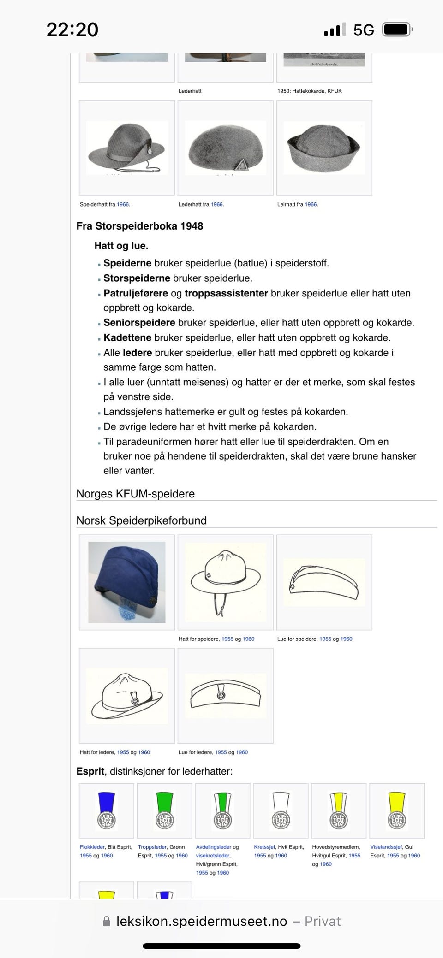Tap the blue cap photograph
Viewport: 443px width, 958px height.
click(x=126, y=582)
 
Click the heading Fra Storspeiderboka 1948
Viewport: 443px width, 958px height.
click(x=139, y=226)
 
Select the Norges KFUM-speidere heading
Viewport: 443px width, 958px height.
click(x=135, y=494)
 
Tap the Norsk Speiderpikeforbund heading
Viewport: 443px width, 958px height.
click(x=141, y=520)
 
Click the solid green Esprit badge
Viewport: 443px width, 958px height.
click(x=164, y=810)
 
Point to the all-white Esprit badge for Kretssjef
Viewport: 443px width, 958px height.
click(x=281, y=810)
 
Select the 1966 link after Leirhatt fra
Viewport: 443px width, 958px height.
click(x=311, y=204)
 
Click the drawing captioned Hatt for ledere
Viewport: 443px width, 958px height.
click(x=126, y=696)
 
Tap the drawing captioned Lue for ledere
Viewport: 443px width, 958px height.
click(x=225, y=696)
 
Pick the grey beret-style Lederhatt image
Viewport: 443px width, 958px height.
click(x=225, y=148)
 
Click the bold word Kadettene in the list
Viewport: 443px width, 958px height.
click(x=127, y=337)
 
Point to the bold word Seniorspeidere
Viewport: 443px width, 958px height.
click(x=139, y=323)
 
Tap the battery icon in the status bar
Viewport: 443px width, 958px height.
click(x=397, y=30)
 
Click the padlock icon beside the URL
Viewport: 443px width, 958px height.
click(x=107, y=922)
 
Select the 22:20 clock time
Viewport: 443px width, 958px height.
click(x=72, y=30)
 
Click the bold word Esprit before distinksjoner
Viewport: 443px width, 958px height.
click(x=90, y=771)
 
